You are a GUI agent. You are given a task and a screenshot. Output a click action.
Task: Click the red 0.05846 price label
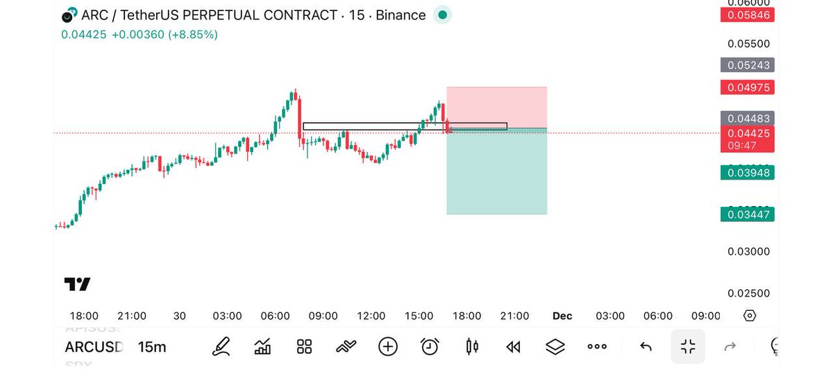click(x=747, y=15)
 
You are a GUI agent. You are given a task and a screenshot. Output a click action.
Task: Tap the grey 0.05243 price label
click(x=747, y=65)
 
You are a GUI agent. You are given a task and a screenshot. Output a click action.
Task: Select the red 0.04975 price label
click(x=747, y=87)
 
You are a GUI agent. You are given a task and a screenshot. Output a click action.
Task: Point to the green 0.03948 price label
click(x=747, y=172)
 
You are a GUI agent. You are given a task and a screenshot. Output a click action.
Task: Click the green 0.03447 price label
click(x=747, y=214)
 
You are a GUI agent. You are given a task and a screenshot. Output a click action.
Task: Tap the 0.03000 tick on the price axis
click(x=748, y=251)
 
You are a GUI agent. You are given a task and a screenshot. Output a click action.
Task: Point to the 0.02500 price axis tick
click(x=748, y=293)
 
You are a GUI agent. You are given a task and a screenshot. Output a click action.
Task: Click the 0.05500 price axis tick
click(x=748, y=44)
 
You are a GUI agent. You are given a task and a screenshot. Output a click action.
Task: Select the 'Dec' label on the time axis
click(x=562, y=316)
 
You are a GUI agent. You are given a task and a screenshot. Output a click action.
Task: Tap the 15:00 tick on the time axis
click(x=419, y=316)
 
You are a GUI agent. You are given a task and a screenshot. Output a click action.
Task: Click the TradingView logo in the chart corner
click(x=77, y=284)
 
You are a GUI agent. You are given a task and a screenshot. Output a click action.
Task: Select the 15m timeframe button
click(x=152, y=347)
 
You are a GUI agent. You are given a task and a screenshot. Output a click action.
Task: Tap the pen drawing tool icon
click(x=221, y=346)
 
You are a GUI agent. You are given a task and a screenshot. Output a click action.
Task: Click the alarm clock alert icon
click(x=430, y=346)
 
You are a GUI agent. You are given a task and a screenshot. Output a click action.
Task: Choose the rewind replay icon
click(x=513, y=346)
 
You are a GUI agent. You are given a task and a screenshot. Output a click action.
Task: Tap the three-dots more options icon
click(x=597, y=346)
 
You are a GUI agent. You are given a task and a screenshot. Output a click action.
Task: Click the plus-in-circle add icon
click(x=388, y=346)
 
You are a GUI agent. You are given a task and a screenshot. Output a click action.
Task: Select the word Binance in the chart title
click(x=402, y=15)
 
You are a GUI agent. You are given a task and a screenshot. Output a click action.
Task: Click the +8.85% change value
click(x=192, y=34)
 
